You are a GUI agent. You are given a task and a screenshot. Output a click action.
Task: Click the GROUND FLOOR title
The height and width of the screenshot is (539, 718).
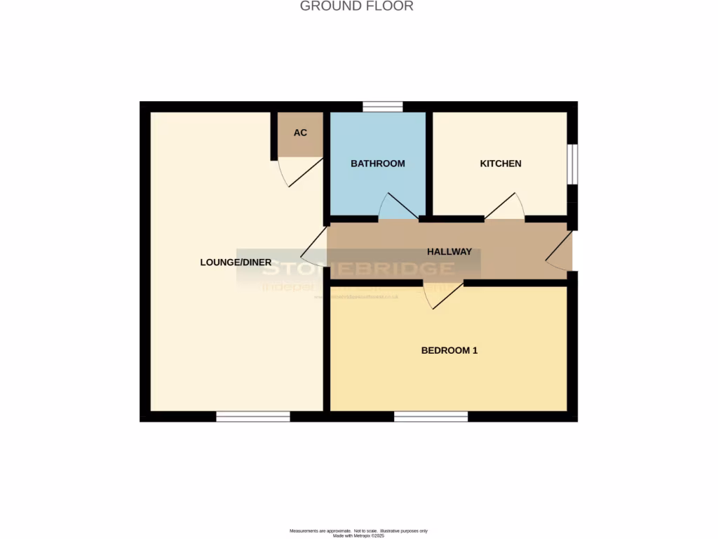(356, 6)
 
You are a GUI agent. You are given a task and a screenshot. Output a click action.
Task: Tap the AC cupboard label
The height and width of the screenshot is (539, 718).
(300, 133)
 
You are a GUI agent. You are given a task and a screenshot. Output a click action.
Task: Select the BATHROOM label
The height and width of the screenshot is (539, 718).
(378, 164)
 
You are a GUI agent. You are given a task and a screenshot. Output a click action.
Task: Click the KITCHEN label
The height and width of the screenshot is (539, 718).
(501, 164)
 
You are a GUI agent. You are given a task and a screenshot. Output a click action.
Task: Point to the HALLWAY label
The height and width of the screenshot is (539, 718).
(449, 252)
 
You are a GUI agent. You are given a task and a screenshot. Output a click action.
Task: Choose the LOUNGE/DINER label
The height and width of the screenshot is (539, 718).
(236, 262)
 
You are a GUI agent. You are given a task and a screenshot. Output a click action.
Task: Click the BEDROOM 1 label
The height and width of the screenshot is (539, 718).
(449, 350)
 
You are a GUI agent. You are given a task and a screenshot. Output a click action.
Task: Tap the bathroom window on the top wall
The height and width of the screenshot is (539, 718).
(383, 107)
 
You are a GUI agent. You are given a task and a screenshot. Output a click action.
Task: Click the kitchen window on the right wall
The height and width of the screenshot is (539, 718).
(572, 164)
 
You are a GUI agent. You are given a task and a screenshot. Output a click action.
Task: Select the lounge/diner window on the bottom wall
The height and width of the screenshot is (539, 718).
(253, 417)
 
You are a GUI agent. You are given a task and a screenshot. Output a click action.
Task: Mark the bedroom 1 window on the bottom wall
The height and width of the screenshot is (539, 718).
(431, 417)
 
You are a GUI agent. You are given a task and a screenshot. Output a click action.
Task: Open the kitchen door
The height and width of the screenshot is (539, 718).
(505, 206)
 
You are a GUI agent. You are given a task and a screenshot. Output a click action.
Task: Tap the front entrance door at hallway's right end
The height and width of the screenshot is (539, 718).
(560, 253)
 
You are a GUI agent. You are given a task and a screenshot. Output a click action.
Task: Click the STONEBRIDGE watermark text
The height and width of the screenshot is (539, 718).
(359, 268)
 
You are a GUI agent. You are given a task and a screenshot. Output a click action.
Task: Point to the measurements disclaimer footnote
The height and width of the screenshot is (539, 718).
(359, 532)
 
